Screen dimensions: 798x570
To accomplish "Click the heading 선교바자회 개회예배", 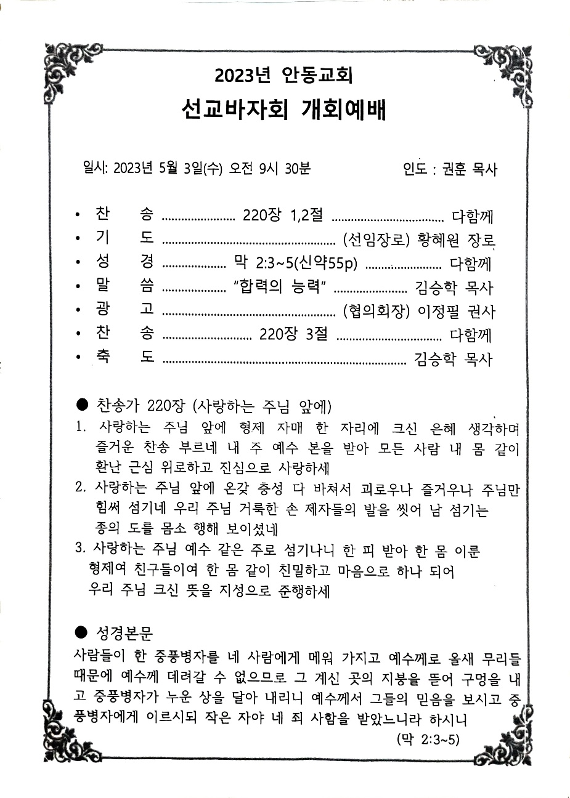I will click(284, 111).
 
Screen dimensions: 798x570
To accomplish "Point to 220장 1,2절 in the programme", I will click(283, 216).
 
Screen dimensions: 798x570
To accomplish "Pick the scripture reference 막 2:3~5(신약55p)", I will click(296, 263).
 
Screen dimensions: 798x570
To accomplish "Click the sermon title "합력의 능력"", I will click(284, 287).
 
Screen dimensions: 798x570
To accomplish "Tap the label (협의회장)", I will click(377, 312).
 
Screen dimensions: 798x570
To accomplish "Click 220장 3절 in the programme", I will click(293, 335).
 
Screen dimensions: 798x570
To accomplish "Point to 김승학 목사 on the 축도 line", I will click(454, 359).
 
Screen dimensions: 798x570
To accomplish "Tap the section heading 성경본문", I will click(124, 633).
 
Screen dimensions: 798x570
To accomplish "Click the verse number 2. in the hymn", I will click(80, 488).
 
